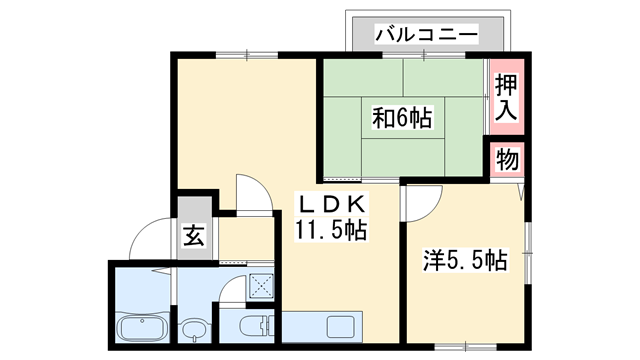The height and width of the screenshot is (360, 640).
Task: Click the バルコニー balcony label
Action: (x=426, y=34)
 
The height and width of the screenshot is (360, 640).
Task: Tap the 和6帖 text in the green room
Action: (x=402, y=119)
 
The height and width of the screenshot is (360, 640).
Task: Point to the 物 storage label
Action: (x=507, y=160)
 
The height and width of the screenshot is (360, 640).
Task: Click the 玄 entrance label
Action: (x=194, y=237)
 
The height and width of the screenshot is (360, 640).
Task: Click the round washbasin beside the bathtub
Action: (x=197, y=327)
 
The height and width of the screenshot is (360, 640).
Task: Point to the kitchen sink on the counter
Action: (x=341, y=326)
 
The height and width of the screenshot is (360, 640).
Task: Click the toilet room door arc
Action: (x=232, y=294)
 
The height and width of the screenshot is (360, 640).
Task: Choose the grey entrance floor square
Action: (x=194, y=237)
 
